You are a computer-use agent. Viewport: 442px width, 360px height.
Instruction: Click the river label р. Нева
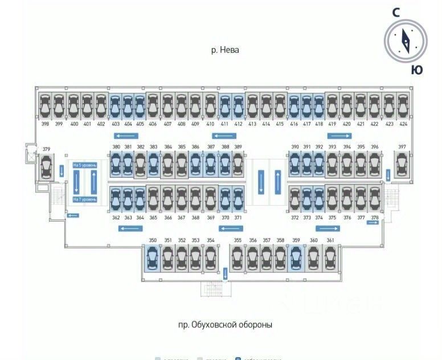point(225,50)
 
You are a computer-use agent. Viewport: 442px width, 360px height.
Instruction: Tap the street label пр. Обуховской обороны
point(225,325)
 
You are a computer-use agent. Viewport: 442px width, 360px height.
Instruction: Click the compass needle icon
point(406,40)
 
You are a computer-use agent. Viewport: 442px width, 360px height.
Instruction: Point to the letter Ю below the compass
point(417,69)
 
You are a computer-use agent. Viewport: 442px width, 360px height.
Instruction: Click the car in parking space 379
point(46,167)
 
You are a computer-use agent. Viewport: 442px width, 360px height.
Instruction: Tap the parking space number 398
point(46,124)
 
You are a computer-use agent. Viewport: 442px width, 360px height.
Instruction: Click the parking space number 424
point(403,124)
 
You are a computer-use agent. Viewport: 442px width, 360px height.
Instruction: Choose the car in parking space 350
point(153,258)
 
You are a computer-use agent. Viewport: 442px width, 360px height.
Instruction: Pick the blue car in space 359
point(296,258)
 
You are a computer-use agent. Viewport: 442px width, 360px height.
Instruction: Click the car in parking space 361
point(330,258)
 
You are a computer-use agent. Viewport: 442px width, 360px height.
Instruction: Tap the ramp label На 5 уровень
point(85,165)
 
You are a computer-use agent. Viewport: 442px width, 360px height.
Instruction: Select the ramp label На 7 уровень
point(85,199)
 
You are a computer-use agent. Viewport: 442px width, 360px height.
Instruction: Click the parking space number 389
point(238,147)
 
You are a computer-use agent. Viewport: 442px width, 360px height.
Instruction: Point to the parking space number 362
point(116,218)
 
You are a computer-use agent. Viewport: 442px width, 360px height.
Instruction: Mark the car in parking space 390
point(295,164)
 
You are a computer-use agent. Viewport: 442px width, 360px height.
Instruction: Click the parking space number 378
point(374,218)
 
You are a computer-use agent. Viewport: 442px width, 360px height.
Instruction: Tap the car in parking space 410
point(210,106)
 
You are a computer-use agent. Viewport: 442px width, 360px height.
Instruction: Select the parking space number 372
point(294,218)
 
